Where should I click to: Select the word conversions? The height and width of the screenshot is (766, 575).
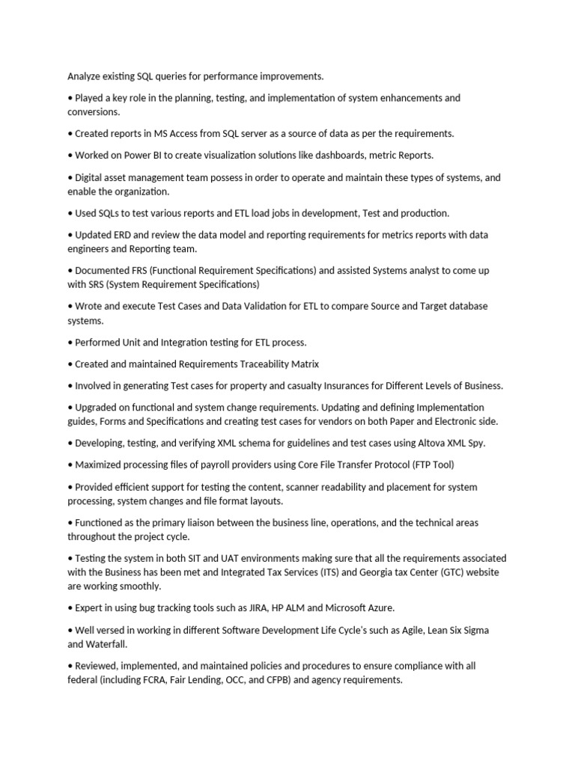[94, 111]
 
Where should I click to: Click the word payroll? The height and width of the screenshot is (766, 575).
[212, 465]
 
